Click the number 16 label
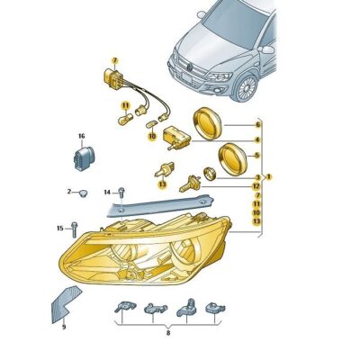(81, 136)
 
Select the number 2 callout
(68, 192)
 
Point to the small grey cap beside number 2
(82, 193)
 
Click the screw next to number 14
(121, 192)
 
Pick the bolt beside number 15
(74, 229)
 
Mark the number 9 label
(64, 327)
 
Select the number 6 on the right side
(257, 123)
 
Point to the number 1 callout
(268, 176)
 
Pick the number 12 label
(257, 185)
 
